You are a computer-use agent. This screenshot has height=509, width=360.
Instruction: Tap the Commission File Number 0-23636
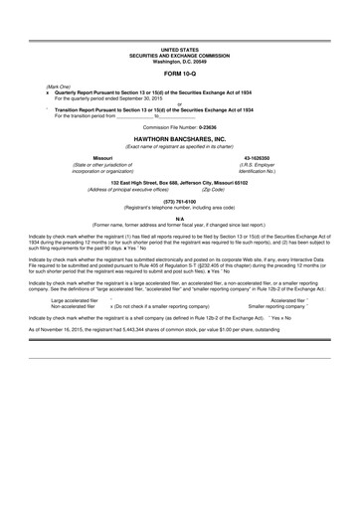click(x=179, y=127)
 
